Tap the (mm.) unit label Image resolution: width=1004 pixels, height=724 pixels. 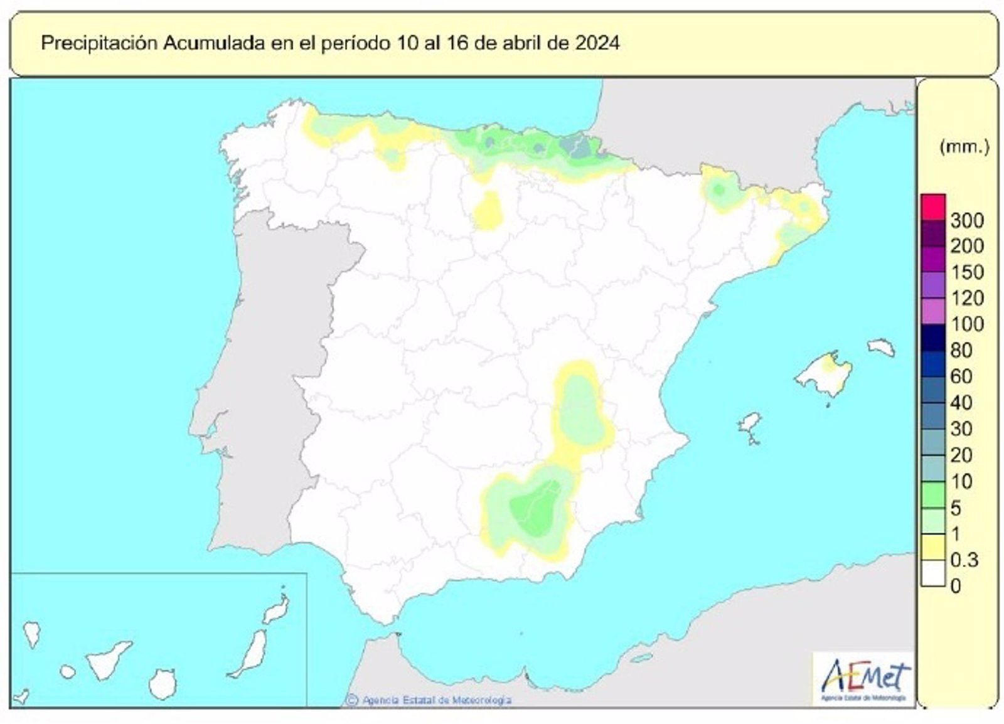[x=964, y=147]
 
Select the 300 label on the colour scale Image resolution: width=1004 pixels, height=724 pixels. [x=967, y=220]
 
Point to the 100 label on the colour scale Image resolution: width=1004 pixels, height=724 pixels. [x=967, y=324]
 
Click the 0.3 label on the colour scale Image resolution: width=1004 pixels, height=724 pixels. [x=964, y=559]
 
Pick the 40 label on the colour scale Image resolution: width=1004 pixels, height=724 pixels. [x=961, y=403]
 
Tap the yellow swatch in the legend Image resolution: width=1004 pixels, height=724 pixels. [x=933, y=546]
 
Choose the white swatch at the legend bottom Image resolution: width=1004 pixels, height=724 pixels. [x=933, y=573]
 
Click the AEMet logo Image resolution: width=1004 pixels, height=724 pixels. [x=863, y=678]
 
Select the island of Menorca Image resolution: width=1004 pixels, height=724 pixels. [x=881, y=347]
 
